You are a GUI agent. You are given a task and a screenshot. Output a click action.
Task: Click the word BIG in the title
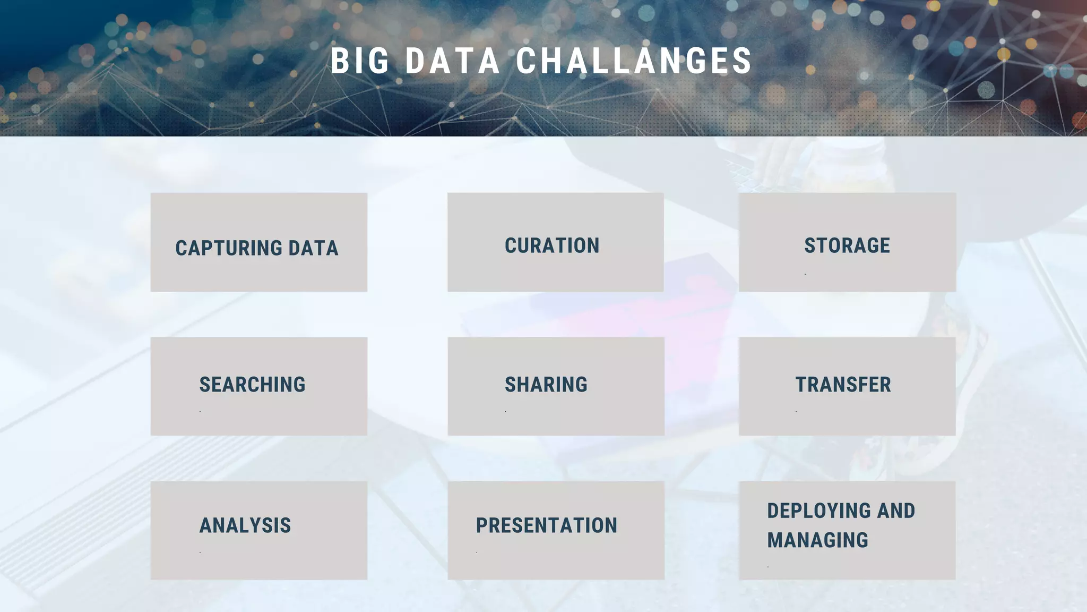360,61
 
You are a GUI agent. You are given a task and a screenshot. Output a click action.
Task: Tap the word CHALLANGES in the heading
634,61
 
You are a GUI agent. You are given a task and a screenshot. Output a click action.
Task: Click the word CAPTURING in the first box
229,248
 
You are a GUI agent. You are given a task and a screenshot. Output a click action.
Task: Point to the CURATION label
552,245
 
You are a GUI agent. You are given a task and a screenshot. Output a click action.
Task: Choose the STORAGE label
847,245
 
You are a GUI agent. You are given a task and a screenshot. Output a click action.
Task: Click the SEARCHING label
252,385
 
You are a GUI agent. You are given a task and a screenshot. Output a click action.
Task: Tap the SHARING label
546,385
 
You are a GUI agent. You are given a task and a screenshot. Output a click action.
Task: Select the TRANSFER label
843,385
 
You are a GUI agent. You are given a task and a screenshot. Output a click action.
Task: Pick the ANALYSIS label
245,525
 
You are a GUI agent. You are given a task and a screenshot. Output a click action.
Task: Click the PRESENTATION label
547,525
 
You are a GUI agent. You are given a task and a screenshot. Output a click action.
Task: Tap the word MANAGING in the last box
817,540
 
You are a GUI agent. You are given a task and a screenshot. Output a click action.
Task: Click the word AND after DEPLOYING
896,511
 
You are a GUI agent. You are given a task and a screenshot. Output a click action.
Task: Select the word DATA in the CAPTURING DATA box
313,248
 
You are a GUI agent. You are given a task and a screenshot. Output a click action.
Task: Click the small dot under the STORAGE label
805,274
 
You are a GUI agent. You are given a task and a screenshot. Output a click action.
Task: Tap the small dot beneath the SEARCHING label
200,411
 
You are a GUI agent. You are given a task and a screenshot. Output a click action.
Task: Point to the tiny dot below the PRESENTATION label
477,552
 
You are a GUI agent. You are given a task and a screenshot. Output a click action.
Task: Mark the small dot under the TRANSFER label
796,411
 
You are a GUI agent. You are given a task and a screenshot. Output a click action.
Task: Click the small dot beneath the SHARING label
505,411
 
